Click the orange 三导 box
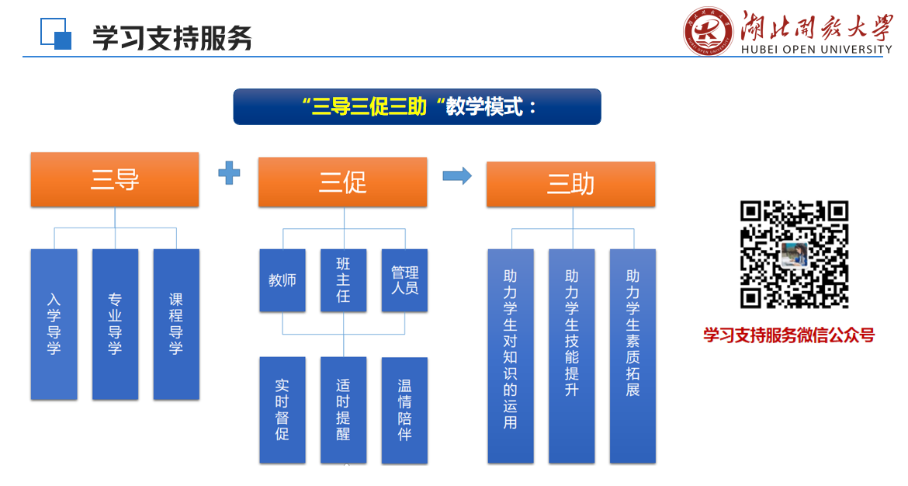[x=115, y=179]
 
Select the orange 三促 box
[x=343, y=182]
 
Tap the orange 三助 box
[x=571, y=184]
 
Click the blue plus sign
[x=229, y=172]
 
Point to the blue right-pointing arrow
[x=457, y=175]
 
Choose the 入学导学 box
[x=54, y=325]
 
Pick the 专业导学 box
[x=115, y=325]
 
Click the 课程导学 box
[x=176, y=325]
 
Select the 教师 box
[x=282, y=280]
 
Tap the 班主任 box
[x=343, y=280]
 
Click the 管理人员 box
[x=405, y=280]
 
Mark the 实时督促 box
[x=282, y=410]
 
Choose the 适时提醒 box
[x=343, y=410]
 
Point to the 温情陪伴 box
[x=405, y=410]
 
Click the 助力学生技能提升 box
[x=571, y=356]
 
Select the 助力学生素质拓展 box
[x=633, y=356]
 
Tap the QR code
[x=795, y=255]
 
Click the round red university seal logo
[x=708, y=31]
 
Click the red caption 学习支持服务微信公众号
[x=788, y=335]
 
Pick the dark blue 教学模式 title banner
[x=417, y=106]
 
